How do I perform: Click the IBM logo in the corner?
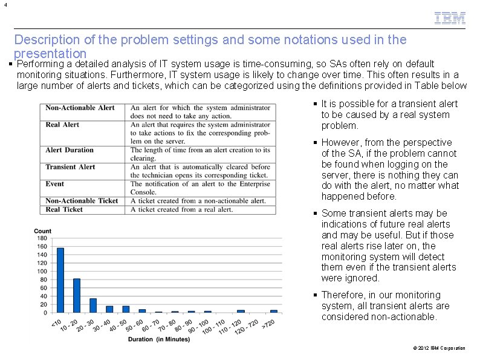click(x=450, y=18)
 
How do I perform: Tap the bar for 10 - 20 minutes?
click(x=77, y=295)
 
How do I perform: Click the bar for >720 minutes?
click(x=274, y=311)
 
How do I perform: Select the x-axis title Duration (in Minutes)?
click(x=159, y=339)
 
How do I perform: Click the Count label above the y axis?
click(x=43, y=231)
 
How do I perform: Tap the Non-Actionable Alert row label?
click(x=80, y=108)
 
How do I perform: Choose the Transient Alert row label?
click(x=70, y=167)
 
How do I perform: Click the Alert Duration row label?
click(x=70, y=150)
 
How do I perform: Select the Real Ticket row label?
click(x=64, y=209)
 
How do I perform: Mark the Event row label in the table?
click(x=56, y=184)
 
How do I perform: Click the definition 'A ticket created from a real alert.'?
click(x=181, y=209)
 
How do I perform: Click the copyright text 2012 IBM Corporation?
click(x=441, y=348)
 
